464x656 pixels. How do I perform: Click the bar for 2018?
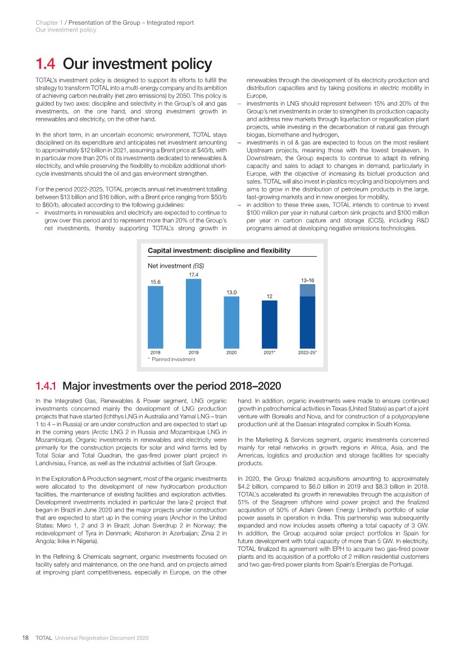156,317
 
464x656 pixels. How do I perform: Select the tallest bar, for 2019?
193,313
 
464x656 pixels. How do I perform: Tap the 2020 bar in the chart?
231,322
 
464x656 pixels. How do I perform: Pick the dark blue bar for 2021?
270,324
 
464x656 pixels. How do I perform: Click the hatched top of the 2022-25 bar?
307,290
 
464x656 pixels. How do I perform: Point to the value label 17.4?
193,275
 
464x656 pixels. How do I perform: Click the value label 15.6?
156,282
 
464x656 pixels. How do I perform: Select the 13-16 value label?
307,279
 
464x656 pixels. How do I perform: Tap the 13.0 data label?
231,292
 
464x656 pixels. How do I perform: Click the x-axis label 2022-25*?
308,353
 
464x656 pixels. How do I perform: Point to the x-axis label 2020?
231,353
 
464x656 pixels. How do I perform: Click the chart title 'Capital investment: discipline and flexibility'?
219,250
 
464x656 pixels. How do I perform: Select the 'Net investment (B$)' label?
175,265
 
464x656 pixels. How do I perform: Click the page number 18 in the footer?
25,639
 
